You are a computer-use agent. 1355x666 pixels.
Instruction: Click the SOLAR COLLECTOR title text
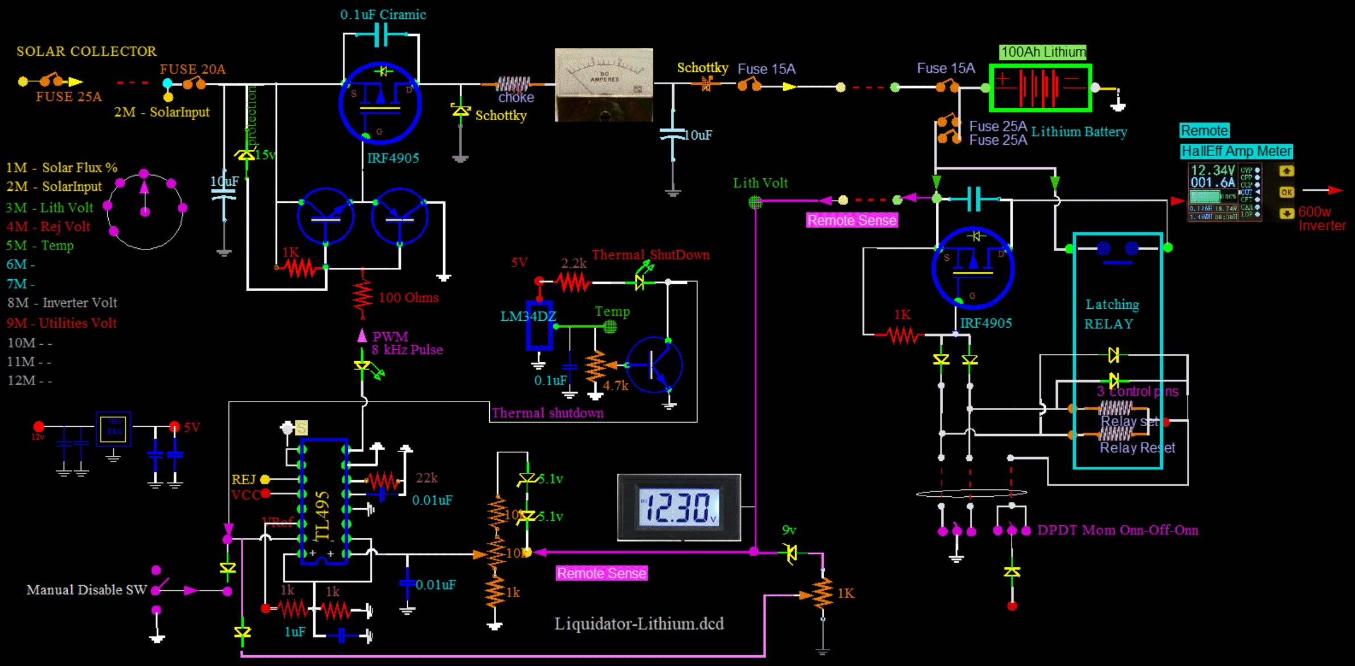click(87, 51)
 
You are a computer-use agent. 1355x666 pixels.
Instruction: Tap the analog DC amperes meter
click(604, 84)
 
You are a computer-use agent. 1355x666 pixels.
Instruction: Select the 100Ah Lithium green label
click(1043, 52)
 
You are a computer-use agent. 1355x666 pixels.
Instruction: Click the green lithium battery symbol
click(1040, 88)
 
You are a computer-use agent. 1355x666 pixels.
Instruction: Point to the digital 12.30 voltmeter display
click(678, 507)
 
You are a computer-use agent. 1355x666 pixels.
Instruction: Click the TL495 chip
click(324, 501)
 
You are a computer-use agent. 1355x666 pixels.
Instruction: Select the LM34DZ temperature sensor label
click(527, 316)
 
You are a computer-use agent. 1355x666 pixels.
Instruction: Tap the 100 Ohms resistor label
click(408, 297)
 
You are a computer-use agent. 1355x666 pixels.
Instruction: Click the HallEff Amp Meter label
click(1236, 151)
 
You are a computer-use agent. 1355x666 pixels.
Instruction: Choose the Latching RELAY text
click(1111, 314)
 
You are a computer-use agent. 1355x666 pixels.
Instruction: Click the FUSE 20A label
click(193, 70)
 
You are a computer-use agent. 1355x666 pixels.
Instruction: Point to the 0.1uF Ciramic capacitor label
click(383, 15)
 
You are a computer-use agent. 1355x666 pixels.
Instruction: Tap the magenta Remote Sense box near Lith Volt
click(852, 220)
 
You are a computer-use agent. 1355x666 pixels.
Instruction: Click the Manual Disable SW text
click(87, 590)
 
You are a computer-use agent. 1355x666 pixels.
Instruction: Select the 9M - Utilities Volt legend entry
click(62, 323)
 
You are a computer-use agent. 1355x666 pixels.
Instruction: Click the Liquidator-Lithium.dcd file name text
click(639, 624)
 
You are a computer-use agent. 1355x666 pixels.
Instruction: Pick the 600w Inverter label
click(1321, 219)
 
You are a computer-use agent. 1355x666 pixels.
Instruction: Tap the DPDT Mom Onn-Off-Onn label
click(1117, 530)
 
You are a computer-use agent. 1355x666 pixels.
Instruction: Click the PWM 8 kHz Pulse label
click(406, 343)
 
